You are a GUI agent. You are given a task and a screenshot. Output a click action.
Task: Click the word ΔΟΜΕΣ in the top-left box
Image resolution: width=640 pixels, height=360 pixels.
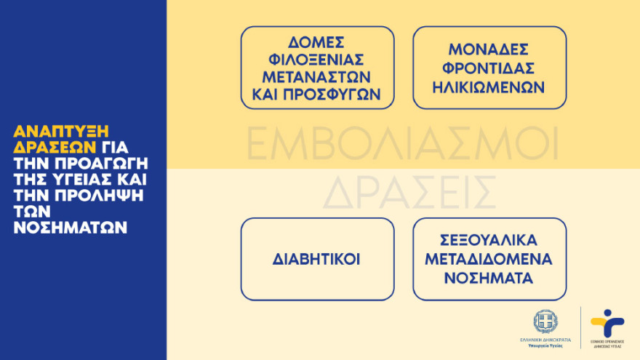(317, 41)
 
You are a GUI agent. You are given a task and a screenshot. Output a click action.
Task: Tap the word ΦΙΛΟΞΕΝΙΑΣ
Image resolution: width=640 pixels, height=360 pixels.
(317, 59)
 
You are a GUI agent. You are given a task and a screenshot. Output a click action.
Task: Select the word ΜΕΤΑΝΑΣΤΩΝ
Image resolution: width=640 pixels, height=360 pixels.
(317, 76)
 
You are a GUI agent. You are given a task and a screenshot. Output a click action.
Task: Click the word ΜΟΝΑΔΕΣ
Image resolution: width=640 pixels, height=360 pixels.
(489, 50)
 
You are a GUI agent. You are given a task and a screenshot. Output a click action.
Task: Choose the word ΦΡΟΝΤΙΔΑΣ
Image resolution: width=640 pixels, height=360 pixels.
(489, 68)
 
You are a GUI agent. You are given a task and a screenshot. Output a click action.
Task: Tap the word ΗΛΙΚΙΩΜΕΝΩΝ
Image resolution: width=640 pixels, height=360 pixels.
(489, 85)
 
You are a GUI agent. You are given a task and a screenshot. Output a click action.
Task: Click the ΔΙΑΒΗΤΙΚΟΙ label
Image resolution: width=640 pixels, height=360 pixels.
(317, 259)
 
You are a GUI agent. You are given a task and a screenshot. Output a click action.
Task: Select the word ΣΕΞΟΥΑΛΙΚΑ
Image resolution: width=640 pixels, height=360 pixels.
(489, 241)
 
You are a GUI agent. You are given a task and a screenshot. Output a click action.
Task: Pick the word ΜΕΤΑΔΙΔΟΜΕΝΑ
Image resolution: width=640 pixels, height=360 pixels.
(489, 259)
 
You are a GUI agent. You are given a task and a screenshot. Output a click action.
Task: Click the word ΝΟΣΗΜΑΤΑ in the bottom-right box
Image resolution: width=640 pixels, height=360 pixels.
(489, 277)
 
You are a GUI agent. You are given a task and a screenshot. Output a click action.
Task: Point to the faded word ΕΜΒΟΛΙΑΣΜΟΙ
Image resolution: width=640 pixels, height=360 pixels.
(402, 144)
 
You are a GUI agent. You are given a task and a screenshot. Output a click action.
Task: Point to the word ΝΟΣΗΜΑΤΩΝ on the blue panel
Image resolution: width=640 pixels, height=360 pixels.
(71, 228)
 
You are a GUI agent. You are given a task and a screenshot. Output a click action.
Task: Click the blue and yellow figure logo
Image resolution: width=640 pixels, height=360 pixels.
(607, 321)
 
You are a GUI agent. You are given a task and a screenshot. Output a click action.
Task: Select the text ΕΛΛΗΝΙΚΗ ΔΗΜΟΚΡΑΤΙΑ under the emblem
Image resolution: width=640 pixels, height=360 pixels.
(545, 340)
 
